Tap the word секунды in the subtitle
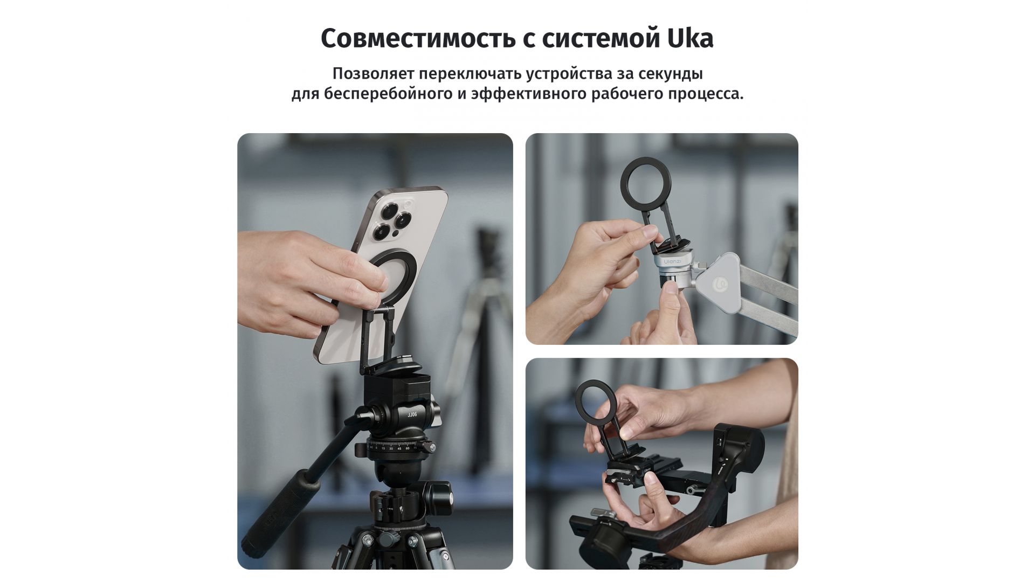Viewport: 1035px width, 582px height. pyautogui.click(x=671, y=73)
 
